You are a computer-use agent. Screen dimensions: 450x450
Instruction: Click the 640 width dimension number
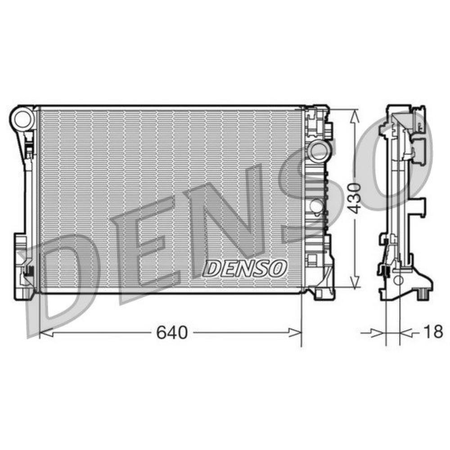(171, 333)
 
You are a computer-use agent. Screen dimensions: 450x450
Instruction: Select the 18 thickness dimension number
(433, 333)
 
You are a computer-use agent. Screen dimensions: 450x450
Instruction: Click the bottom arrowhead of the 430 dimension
(355, 283)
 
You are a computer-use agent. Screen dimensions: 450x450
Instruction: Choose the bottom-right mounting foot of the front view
(324, 292)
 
